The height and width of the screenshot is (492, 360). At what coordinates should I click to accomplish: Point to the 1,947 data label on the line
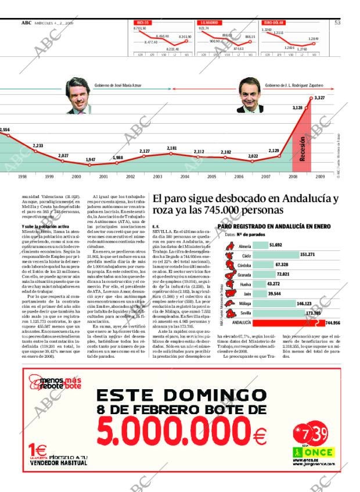point(91,159)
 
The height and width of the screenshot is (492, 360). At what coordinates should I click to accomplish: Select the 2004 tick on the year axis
point(185,176)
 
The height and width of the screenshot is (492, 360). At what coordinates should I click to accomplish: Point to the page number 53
point(337,23)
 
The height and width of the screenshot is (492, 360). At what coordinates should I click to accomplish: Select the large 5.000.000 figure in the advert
point(177,433)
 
